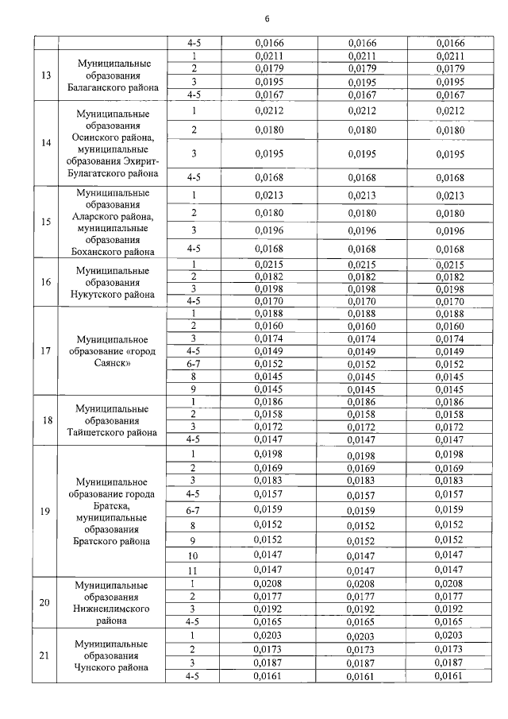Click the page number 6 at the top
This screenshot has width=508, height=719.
tap(267, 19)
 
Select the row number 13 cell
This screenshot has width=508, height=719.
tap(45, 75)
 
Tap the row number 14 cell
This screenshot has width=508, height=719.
tap(45, 144)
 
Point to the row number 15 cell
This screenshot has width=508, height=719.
tap(45, 222)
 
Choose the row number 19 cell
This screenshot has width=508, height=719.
tap(45, 510)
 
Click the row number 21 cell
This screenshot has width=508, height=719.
tap(45, 655)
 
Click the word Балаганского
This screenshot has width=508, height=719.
tap(100, 89)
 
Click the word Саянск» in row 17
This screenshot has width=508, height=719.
tap(114, 363)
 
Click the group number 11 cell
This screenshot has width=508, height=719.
tap(192, 570)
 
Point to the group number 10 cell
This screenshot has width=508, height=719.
tap(192, 556)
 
